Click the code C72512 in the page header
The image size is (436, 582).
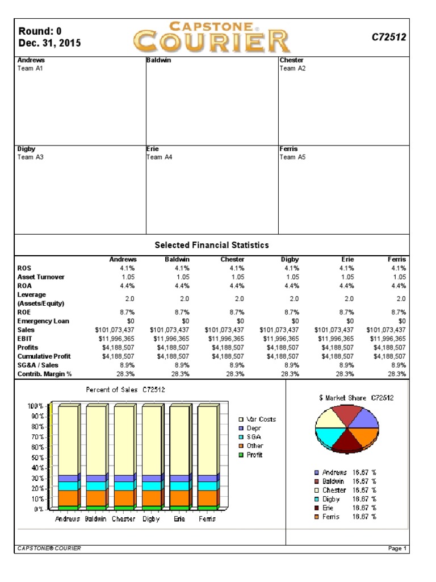[389, 37]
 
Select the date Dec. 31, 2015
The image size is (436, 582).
[49, 43]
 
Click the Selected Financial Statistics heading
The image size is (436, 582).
[212, 245]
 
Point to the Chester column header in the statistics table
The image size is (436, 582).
[232, 259]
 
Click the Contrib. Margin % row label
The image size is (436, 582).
[45, 374]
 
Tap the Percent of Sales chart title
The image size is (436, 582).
[125, 390]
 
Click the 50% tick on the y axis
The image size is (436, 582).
[35, 458]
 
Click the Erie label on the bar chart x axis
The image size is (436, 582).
[179, 519]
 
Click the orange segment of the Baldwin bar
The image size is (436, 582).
[96, 498]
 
